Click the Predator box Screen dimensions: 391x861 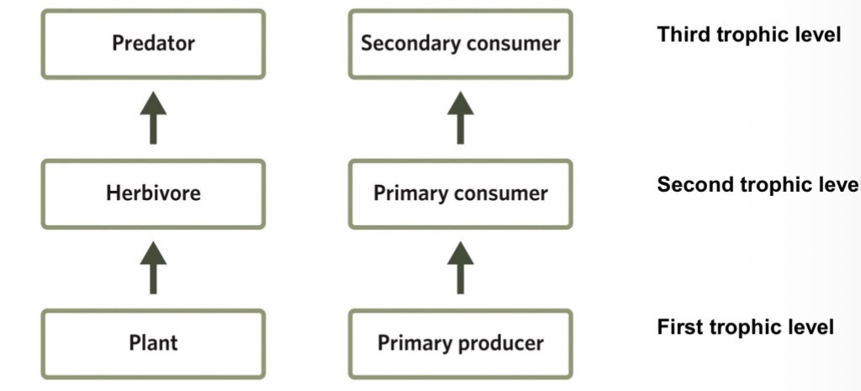coord(153,44)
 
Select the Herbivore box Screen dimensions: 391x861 coord(153,193)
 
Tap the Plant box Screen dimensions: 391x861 coord(153,343)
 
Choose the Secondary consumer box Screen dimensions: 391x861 coord(460,44)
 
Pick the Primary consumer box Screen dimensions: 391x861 coord(460,193)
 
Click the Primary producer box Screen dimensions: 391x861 coord(460,343)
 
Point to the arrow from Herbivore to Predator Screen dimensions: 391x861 coord(153,119)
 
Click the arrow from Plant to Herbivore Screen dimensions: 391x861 coord(153,267)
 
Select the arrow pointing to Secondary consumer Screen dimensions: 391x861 coord(460,119)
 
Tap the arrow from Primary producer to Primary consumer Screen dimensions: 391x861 coord(460,267)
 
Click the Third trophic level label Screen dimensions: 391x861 coord(748,35)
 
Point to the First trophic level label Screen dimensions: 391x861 coord(745,326)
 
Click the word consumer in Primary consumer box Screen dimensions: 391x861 coord(503,194)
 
